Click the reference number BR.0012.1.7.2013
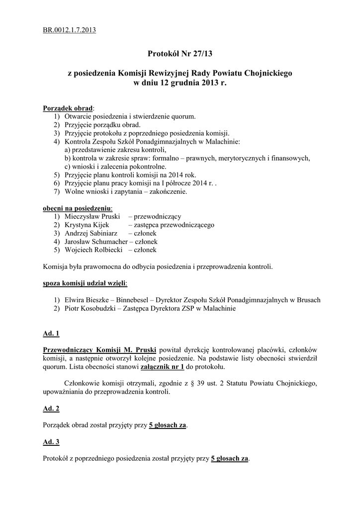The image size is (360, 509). tap(69, 30)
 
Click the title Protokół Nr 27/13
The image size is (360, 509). tap(180, 53)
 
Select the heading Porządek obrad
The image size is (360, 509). tap(68, 108)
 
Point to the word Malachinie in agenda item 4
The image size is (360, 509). tap(223, 142)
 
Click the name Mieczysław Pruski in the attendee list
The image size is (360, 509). tap(93, 217)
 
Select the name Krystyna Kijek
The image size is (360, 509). tap(87, 225)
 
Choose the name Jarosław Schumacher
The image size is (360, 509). tap(95, 242)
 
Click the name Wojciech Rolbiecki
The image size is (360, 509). tap(93, 250)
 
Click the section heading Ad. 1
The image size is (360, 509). tap(51, 333)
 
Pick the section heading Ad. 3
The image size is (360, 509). tap(51, 441)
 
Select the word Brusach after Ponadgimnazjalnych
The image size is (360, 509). tap(308, 300)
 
